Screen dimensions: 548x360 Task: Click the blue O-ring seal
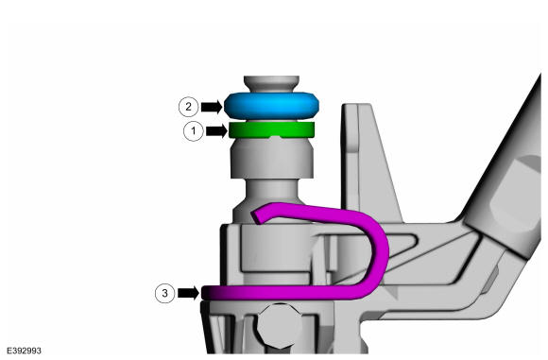pyautogui.click(x=271, y=106)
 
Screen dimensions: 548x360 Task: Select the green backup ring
pyautogui.click(x=271, y=129)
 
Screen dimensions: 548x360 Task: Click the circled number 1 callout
pyautogui.click(x=194, y=131)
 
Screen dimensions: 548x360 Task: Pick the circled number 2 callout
pyautogui.click(x=188, y=106)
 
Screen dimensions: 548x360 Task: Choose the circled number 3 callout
pyautogui.click(x=165, y=293)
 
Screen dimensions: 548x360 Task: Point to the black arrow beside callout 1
pyautogui.click(x=216, y=131)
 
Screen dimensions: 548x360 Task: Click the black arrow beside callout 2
pyautogui.click(x=212, y=107)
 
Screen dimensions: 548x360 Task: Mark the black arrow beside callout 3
pyautogui.click(x=188, y=293)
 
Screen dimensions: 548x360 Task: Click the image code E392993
pyautogui.click(x=24, y=351)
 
